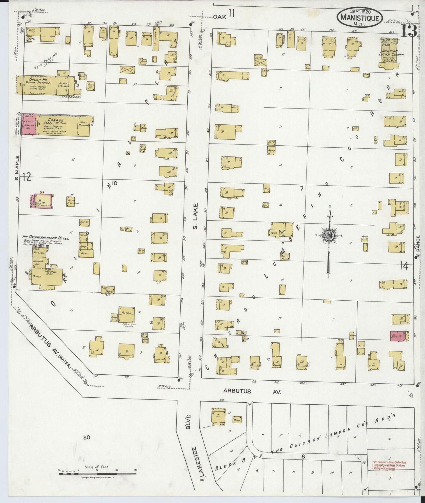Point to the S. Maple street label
pyautogui.click(x=17, y=168)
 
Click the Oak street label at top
pyautogui.click(x=219, y=17)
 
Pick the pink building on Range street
pyautogui.click(x=399, y=336)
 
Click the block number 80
pyautogui.click(x=86, y=437)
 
